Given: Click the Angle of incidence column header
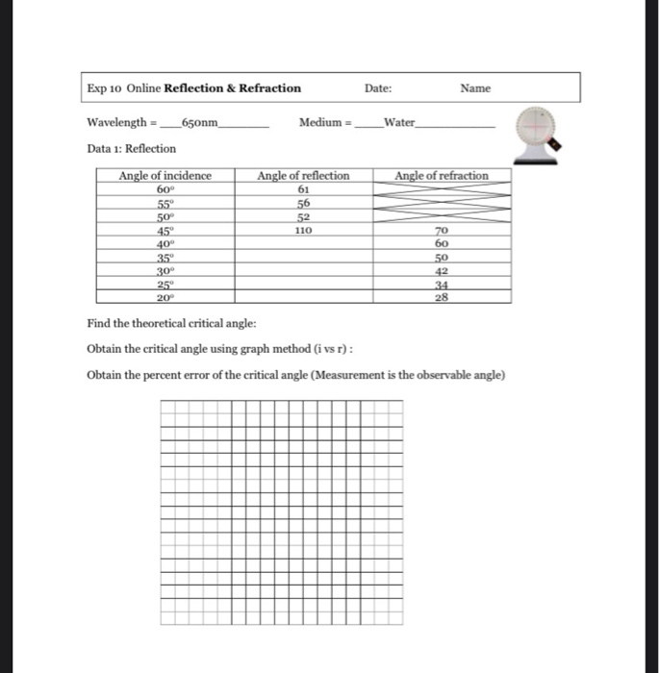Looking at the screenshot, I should [165, 176].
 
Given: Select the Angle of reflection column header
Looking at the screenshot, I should [303, 176].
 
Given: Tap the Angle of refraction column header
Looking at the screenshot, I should [442, 176].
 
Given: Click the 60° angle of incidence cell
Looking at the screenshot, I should [165, 189].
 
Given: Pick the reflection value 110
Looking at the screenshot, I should [303, 231].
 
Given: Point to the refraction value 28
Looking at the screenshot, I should [442, 298].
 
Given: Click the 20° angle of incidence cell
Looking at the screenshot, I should [165, 298].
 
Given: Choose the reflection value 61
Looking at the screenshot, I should [303, 189].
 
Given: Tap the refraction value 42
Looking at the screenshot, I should [442, 271].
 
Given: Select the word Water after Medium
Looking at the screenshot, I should [399, 123].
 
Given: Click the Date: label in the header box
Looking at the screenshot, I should [378, 88].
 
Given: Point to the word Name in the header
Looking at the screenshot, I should [475, 88].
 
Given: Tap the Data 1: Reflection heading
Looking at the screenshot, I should [131, 148].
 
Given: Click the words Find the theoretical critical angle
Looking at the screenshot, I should [171, 324].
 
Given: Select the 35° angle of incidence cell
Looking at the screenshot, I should [165, 258].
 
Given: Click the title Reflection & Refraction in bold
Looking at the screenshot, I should [233, 88].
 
